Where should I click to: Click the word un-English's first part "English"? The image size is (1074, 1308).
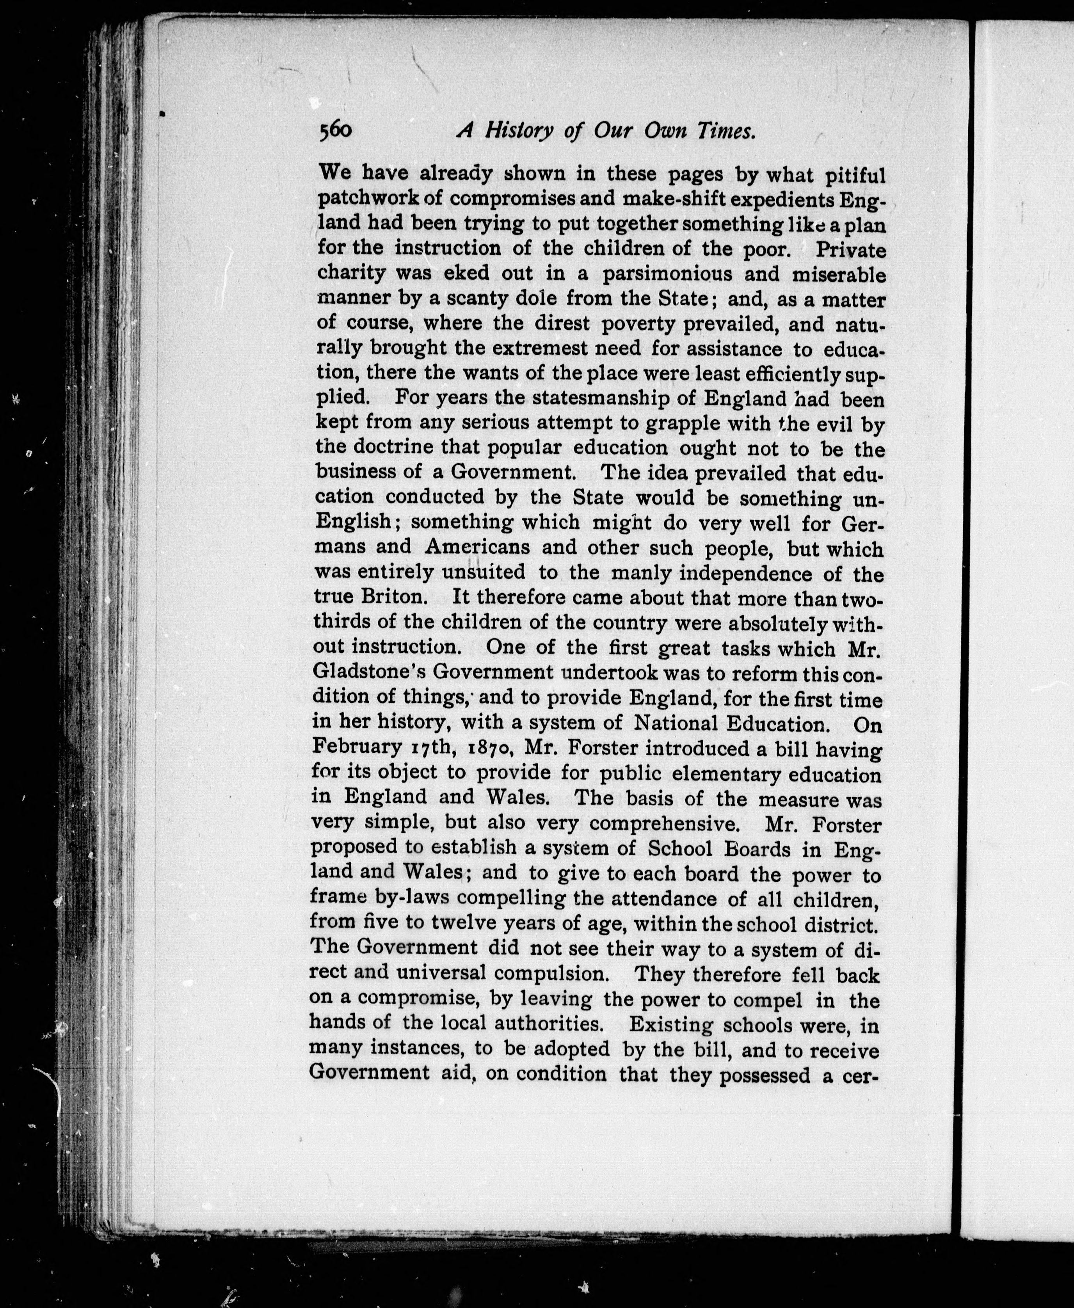353,522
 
